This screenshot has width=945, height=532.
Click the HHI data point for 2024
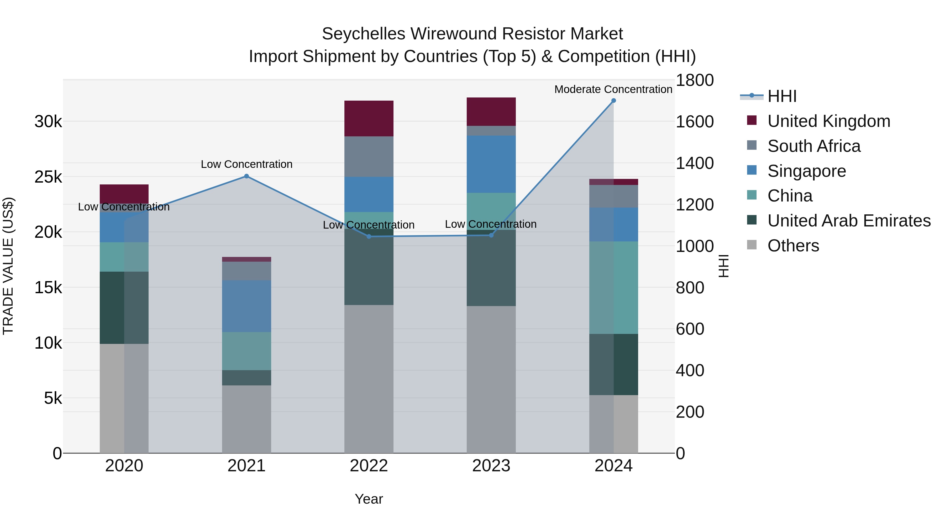pyautogui.click(x=613, y=101)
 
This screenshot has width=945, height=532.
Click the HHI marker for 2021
pyautogui.click(x=246, y=176)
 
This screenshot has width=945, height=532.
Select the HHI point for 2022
pyautogui.click(x=369, y=237)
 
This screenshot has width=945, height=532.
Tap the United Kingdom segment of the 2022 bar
pyautogui.click(x=369, y=118)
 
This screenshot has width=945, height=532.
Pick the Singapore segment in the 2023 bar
pyautogui.click(x=491, y=164)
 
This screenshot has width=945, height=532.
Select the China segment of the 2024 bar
pyautogui.click(x=613, y=287)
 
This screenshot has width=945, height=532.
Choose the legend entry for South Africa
pyautogui.click(x=814, y=146)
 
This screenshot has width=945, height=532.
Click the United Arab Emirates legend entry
pyautogui.click(x=849, y=221)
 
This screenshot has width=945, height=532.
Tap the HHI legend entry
pyautogui.click(x=781, y=96)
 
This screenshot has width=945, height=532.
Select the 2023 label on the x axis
pyautogui.click(x=491, y=466)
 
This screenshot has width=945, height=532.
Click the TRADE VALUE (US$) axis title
pyautogui.click(x=8, y=266)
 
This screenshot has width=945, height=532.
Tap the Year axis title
pyautogui.click(x=369, y=499)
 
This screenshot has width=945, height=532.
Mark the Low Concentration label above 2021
pyautogui.click(x=246, y=164)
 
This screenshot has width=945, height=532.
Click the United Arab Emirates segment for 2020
pyautogui.click(x=124, y=308)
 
